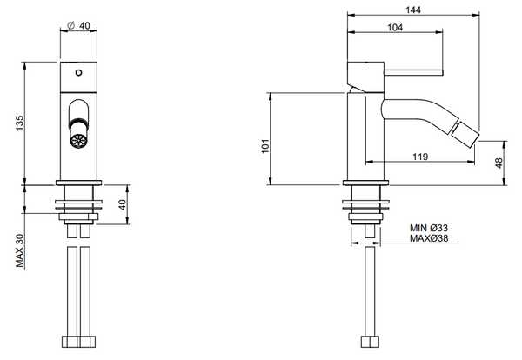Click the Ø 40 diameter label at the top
tap(80, 26)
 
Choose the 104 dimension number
tap(394, 28)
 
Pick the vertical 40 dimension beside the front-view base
tap(123, 204)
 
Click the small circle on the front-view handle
tap(79, 73)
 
